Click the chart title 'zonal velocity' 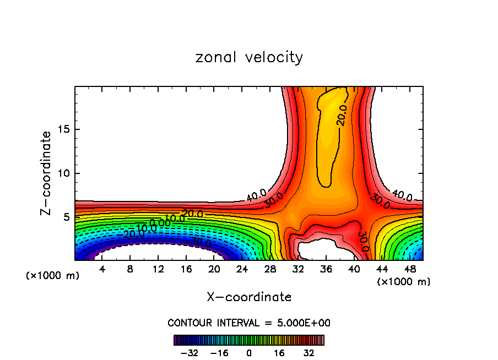coord(249,57)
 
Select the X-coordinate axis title coord(249,297)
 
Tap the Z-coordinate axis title coord(47,173)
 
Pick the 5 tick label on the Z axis coord(64,217)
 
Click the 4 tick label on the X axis coord(102,269)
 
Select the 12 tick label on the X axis coord(158,269)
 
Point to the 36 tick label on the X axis coord(326,269)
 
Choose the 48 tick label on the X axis coord(409,269)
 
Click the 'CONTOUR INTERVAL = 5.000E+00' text coord(249,323)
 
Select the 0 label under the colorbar coord(249,352)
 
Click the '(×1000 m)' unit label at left coord(53,276)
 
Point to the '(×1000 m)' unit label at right coord(404,281)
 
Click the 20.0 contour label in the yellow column coord(342,115)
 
